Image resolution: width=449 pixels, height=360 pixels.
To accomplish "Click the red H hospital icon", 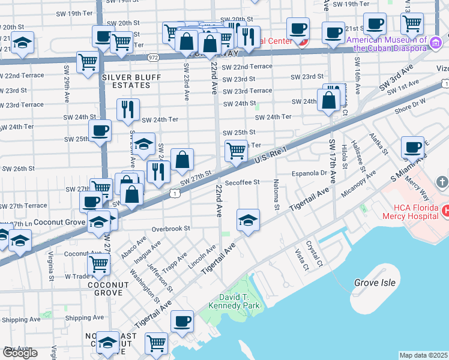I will [x=445, y=211].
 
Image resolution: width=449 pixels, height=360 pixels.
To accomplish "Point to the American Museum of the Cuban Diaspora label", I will [x=388, y=44].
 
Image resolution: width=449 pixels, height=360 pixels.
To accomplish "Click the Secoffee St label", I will [x=242, y=182].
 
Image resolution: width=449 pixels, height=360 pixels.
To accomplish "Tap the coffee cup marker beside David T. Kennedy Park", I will [x=181, y=322].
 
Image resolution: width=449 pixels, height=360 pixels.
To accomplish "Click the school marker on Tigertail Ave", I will [x=248, y=220].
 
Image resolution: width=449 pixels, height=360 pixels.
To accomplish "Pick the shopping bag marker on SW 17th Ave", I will [x=330, y=100].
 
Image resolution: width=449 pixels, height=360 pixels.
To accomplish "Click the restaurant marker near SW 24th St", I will [x=128, y=109].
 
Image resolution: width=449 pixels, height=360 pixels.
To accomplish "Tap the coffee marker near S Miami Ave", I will [x=412, y=148].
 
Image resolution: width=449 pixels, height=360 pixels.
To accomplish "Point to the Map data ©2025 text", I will [x=423, y=355].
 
